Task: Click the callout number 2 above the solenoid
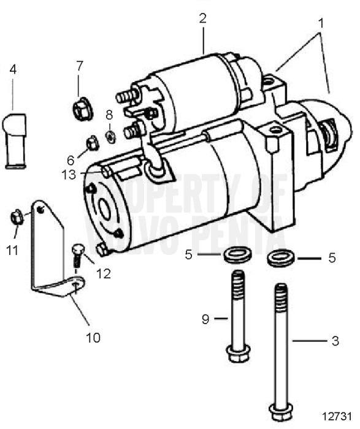click(203, 18)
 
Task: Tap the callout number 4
click(12, 68)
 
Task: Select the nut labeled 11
click(17, 216)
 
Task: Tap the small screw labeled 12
click(77, 252)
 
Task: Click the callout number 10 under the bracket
click(93, 337)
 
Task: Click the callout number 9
click(207, 319)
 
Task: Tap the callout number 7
click(79, 65)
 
